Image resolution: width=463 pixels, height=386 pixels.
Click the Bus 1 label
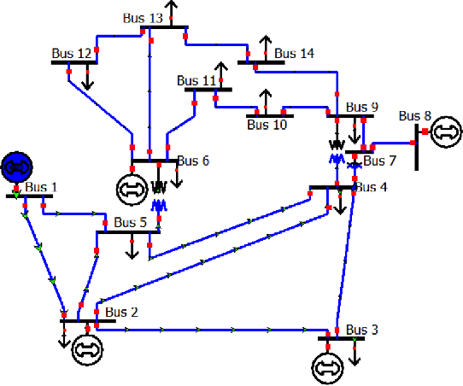point(41,187)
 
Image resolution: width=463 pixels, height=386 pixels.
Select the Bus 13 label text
point(143,18)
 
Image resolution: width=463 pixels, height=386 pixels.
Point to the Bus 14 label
point(295,53)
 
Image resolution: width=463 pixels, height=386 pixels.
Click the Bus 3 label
point(361,329)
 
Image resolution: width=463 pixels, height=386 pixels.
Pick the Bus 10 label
point(267,125)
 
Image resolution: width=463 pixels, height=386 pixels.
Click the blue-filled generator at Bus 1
point(15,166)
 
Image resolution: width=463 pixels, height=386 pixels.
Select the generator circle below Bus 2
point(86,348)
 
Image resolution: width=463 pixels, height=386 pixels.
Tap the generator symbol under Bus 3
point(325,366)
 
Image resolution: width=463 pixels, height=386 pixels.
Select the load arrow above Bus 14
point(265,45)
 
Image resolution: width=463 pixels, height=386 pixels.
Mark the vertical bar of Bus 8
point(418,147)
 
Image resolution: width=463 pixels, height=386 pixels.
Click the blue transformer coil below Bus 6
point(158,205)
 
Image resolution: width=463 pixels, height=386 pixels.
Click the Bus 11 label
point(197,81)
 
